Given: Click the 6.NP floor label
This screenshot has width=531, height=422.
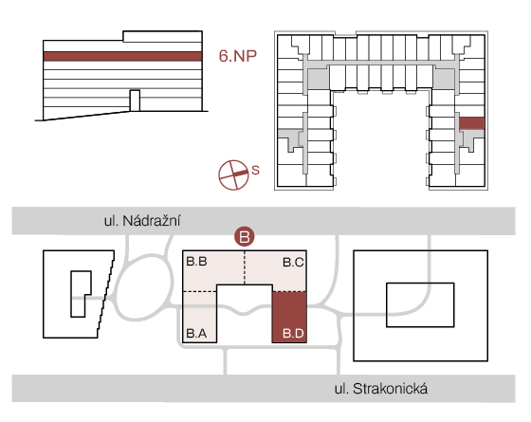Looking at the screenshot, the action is coord(238,56).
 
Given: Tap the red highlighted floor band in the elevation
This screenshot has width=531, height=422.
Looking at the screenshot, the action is coord(123,56).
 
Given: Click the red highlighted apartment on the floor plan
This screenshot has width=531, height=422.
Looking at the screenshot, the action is coord(471,123).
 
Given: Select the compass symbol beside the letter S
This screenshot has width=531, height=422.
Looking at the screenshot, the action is coord(233,174).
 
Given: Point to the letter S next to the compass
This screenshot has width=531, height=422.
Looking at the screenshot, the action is coord(255,170).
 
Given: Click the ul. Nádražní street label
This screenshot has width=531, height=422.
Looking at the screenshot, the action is coord(142,221).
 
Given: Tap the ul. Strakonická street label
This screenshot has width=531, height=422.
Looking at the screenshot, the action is coord(381,389).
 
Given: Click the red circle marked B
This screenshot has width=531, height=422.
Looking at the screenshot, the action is coord(245,236).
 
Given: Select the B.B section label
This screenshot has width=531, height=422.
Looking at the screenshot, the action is coord(197,262).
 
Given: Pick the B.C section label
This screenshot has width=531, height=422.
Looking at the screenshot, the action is coord(293,262).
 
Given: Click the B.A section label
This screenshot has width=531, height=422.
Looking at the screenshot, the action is coord(197,334).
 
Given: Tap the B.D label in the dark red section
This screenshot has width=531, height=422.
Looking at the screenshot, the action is coord(293,334).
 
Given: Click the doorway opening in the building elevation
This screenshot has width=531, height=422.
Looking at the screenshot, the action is coord(135,101).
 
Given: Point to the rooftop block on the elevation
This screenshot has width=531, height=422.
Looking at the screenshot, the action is coord(162,37).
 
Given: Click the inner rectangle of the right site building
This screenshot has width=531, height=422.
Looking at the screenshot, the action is coord(420,304).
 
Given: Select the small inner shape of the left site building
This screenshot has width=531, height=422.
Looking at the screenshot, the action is coord(81,294).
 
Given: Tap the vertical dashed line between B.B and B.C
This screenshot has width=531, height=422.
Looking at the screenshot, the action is coord(245,267).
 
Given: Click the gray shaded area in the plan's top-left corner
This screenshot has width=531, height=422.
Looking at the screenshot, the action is coord(319,79).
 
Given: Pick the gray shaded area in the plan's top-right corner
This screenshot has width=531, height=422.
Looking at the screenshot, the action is coord(444,79).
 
